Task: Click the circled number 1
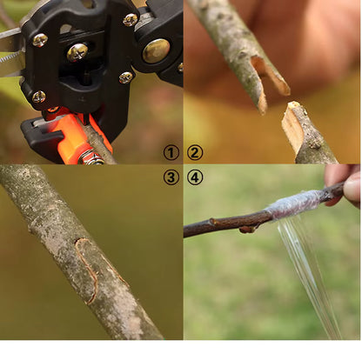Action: [171, 152]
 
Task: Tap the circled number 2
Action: [195, 152]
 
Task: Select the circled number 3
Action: [171, 177]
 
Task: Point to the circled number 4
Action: [195, 177]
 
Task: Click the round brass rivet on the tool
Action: [156, 50]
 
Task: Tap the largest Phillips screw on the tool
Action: [77, 52]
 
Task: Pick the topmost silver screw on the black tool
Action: [131, 20]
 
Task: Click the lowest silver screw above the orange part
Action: [39, 97]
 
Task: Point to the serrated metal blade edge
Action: [10, 57]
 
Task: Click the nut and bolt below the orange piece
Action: [90, 158]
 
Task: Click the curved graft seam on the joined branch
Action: [86, 270]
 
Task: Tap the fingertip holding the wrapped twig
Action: [352, 189]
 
